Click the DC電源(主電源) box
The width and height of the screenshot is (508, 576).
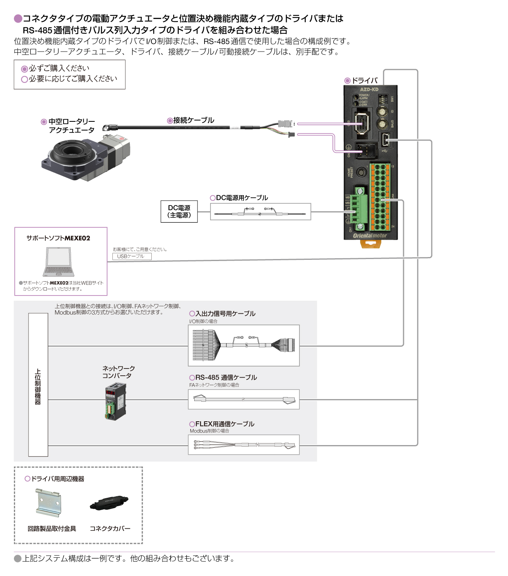click(179, 211)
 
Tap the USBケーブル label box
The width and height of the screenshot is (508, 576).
click(132, 256)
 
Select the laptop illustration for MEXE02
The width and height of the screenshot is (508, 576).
click(58, 262)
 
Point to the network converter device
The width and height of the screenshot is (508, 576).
click(115, 403)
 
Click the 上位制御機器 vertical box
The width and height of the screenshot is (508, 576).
click(38, 384)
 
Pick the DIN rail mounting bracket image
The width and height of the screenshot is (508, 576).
click(48, 502)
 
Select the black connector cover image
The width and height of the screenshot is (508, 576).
click(109, 503)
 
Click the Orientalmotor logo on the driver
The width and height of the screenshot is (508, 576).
click(370, 236)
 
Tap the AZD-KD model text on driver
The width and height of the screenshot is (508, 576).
click(369, 90)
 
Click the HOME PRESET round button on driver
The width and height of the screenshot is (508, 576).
click(361, 172)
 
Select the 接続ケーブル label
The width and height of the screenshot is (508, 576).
click(193, 120)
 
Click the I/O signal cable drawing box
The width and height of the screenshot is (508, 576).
click(243, 345)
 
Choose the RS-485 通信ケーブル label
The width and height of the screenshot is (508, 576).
click(226, 377)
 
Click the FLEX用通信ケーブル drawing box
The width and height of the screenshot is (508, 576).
click(243, 445)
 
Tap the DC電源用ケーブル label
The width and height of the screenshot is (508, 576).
click(241, 198)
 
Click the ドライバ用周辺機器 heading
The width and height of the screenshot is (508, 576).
click(57, 479)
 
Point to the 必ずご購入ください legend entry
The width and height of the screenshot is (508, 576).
click(59, 68)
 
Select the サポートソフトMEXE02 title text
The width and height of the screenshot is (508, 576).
click(58, 238)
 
